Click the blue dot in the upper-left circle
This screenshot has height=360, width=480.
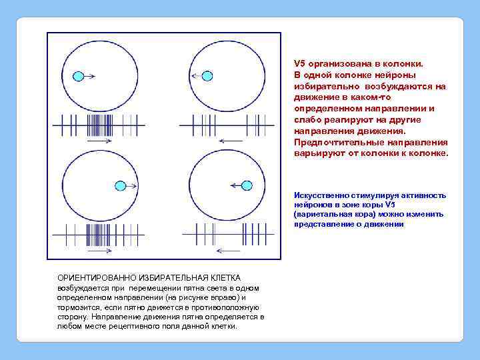coord(78,76)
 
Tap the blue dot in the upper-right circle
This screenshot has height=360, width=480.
coord(207,76)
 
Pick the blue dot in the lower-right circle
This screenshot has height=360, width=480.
coord(246,185)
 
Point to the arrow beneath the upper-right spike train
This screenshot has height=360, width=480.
coord(231,141)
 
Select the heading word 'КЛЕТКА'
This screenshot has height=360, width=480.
coord(226,277)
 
